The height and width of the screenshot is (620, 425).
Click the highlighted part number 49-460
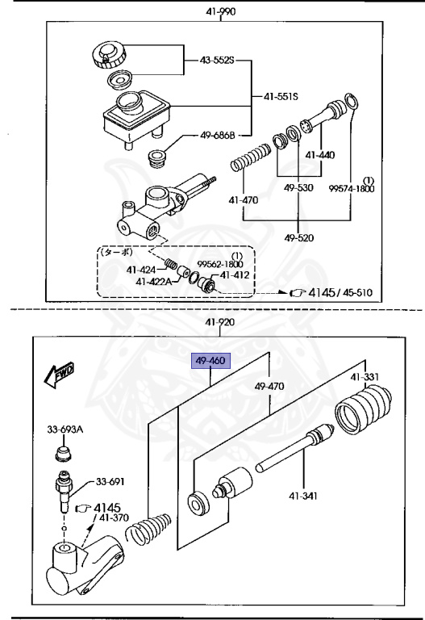pyautogui.click(x=210, y=361)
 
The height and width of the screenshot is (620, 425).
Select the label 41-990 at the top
pyautogui.click(x=220, y=11)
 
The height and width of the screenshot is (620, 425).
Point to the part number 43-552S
pyautogui.click(x=217, y=61)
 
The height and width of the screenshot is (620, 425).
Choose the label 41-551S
pyautogui.click(x=281, y=96)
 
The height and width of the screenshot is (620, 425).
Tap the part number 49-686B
pyautogui.click(x=217, y=136)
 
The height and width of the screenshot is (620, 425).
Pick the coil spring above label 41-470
pyautogui.click(x=251, y=157)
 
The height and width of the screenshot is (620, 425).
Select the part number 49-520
pyautogui.click(x=299, y=237)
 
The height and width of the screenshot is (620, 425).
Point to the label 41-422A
pyautogui.click(x=154, y=282)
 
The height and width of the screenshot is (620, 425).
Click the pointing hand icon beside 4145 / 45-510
pyautogui.click(x=298, y=292)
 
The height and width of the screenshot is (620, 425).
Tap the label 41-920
pyautogui.click(x=219, y=322)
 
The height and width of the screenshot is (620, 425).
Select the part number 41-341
pyautogui.click(x=303, y=496)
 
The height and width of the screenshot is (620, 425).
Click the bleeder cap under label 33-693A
pyautogui.click(x=63, y=454)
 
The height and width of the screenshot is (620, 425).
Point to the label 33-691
pyautogui.click(x=110, y=482)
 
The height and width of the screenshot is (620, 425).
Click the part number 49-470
pyautogui.click(x=269, y=386)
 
